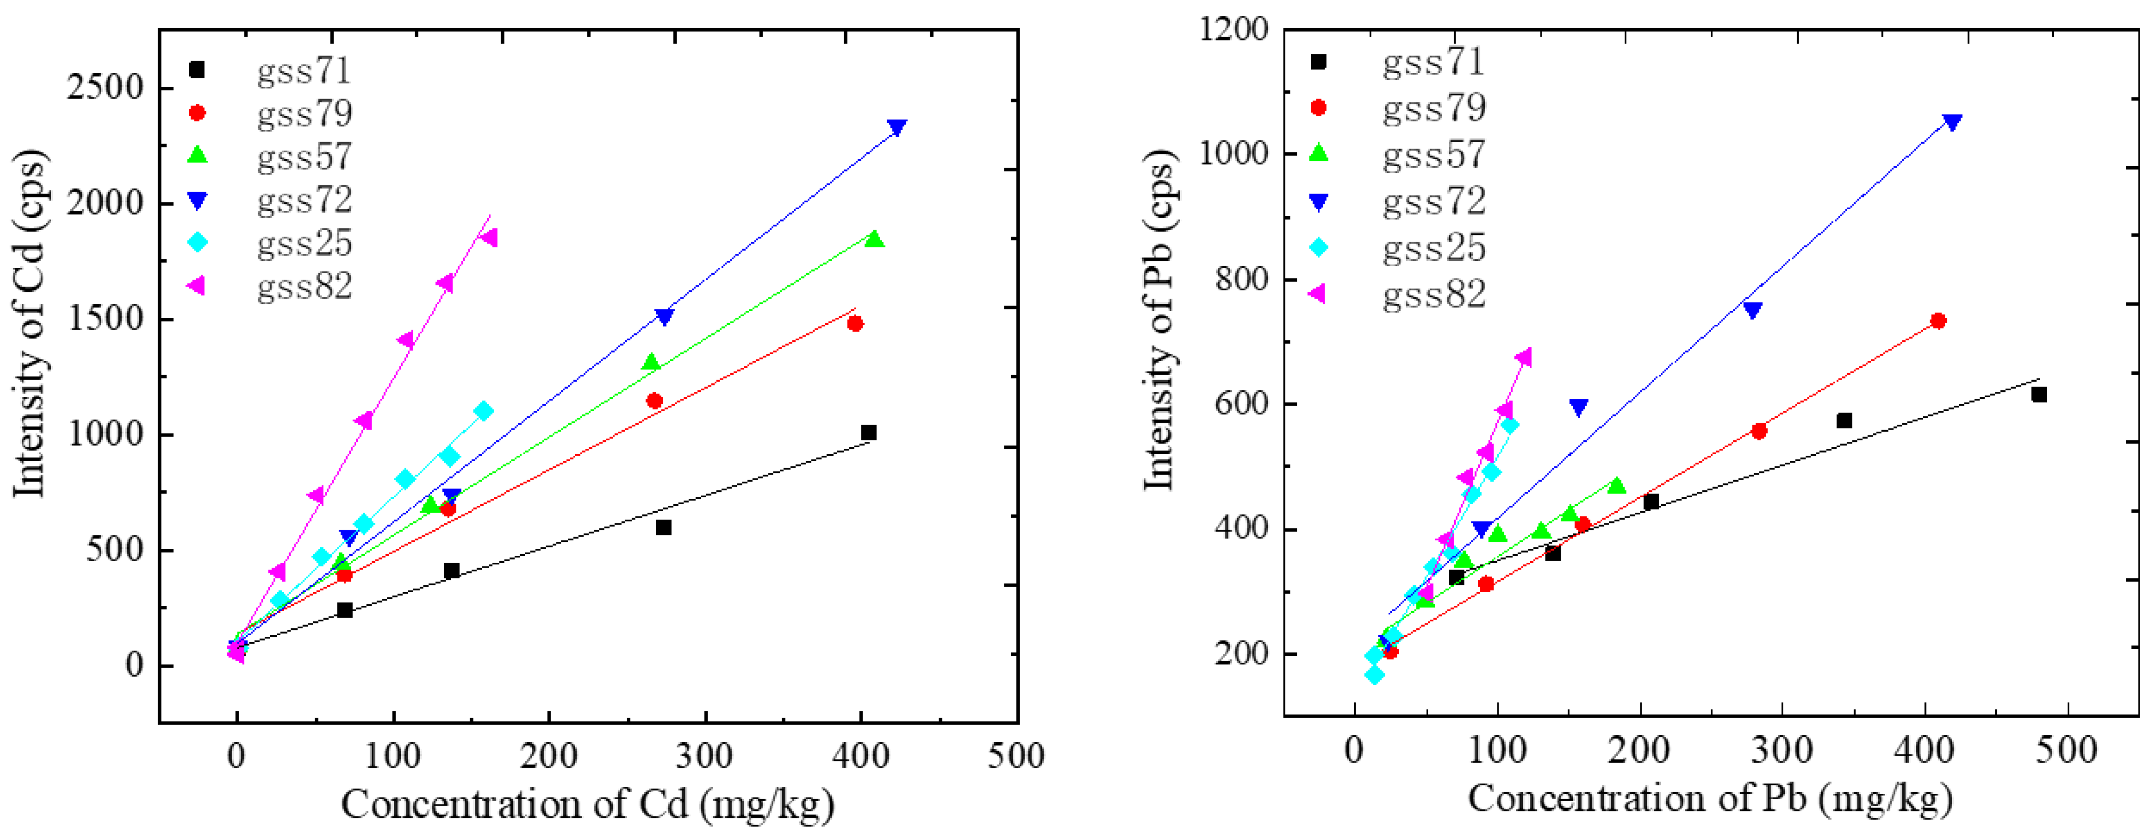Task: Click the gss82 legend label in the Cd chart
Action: tap(305, 287)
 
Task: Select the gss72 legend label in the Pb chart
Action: tap(1434, 202)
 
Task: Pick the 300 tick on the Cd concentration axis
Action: tap(704, 756)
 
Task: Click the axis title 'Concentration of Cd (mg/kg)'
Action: tap(587, 804)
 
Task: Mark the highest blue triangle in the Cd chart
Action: tap(897, 128)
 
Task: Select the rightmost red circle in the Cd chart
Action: tap(854, 324)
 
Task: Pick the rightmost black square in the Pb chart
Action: tap(2039, 395)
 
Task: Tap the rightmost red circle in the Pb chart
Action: tap(1938, 321)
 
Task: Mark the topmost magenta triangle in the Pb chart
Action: tap(1523, 358)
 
